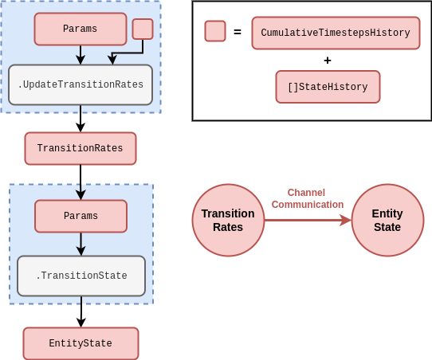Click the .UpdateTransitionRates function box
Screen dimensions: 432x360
(x=81, y=84)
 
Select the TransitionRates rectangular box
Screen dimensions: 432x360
(x=81, y=149)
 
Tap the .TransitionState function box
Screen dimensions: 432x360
(x=81, y=276)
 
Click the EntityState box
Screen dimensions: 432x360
(x=81, y=343)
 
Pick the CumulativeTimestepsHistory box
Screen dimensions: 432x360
(x=336, y=33)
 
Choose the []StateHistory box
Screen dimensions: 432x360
(x=328, y=87)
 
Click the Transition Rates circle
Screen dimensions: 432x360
(x=228, y=220)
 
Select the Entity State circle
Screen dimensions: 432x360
(x=387, y=220)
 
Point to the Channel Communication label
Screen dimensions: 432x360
(x=308, y=198)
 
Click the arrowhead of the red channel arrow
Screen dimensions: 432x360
(x=346, y=220)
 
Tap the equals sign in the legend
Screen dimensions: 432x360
(x=238, y=32)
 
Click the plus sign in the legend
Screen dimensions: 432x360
(x=328, y=61)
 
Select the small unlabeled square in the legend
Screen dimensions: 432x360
(x=215, y=31)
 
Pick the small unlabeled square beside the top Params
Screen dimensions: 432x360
(x=143, y=29)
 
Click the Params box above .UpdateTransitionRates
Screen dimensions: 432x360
(x=81, y=29)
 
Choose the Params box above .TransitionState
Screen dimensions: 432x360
(x=81, y=217)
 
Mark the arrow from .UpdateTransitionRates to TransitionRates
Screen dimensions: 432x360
(x=81, y=119)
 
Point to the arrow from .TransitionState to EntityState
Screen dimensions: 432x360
(x=81, y=311)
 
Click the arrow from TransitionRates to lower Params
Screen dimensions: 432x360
(x=81, y=182)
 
